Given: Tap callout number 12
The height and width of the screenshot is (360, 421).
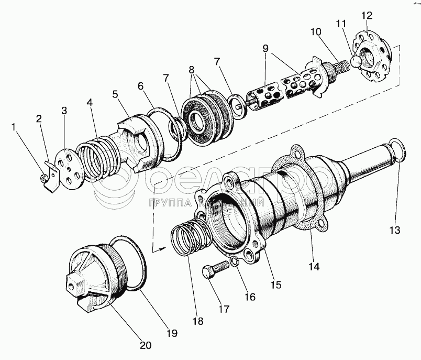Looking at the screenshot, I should point(365,15).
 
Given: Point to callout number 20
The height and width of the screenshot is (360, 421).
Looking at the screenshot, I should point(146,345).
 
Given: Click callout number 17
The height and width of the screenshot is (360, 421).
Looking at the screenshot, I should point(224,309).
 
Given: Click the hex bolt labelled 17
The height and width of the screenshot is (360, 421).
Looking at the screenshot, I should point(214,270).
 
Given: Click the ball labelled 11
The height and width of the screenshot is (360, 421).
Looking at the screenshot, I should point(357,61).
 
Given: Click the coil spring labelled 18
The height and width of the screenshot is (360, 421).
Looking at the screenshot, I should point(189,238).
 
